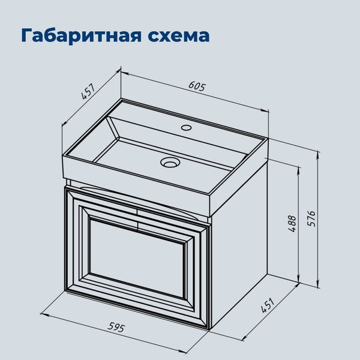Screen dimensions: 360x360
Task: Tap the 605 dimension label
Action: coord(197,86)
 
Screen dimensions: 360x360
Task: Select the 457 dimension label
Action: coord(88,92)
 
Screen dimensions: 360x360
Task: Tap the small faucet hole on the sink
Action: coord(186,127)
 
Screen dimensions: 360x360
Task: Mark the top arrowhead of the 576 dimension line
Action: coord(316,152)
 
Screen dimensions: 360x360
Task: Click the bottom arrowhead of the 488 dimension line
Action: coord(298,277)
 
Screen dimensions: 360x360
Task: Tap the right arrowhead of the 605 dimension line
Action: coord(266,111)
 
